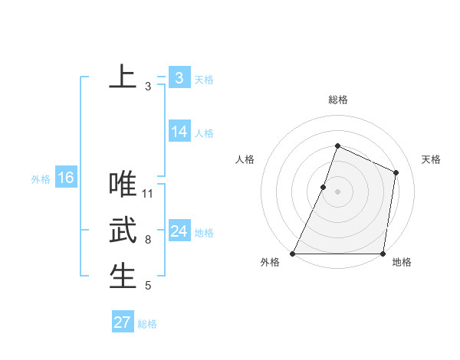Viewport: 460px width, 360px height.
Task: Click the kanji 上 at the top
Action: click(123, 77)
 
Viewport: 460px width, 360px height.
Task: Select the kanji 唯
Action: click(123, 185)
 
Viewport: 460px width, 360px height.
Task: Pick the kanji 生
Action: click(123, 277)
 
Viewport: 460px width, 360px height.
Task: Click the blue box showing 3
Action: click(179, 78)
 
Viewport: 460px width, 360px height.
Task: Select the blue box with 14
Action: click(179, 132)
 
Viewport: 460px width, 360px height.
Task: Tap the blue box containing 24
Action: click(179, 231)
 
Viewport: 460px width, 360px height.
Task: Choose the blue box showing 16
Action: click(66, 178)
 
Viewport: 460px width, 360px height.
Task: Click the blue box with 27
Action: click(123, 322)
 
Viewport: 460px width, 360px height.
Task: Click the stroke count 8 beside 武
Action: click(148, 240)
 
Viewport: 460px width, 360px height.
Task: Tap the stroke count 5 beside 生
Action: click(148, 286)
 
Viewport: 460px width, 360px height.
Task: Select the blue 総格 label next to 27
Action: click(148, 324)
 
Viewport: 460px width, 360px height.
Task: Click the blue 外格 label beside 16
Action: click(41, 179)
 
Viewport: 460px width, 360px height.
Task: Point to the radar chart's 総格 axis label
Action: click(338, 100)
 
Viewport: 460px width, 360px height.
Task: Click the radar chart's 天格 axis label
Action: click(431, 159)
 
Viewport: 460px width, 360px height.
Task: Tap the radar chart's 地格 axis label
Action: click(402, 262)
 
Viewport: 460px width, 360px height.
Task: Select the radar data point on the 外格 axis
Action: click(293, 254)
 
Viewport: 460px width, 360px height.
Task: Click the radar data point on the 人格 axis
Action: click(324, 187)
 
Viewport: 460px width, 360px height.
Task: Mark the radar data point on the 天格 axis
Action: click(396, 172)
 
